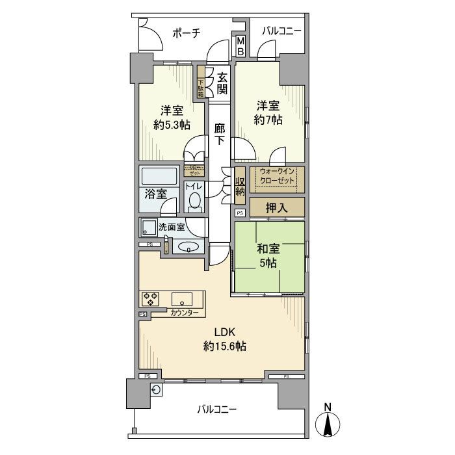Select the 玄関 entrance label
point(222,82)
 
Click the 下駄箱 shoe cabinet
point(201,83)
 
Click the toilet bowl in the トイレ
point(194,203)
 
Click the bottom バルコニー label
point(217,409)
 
